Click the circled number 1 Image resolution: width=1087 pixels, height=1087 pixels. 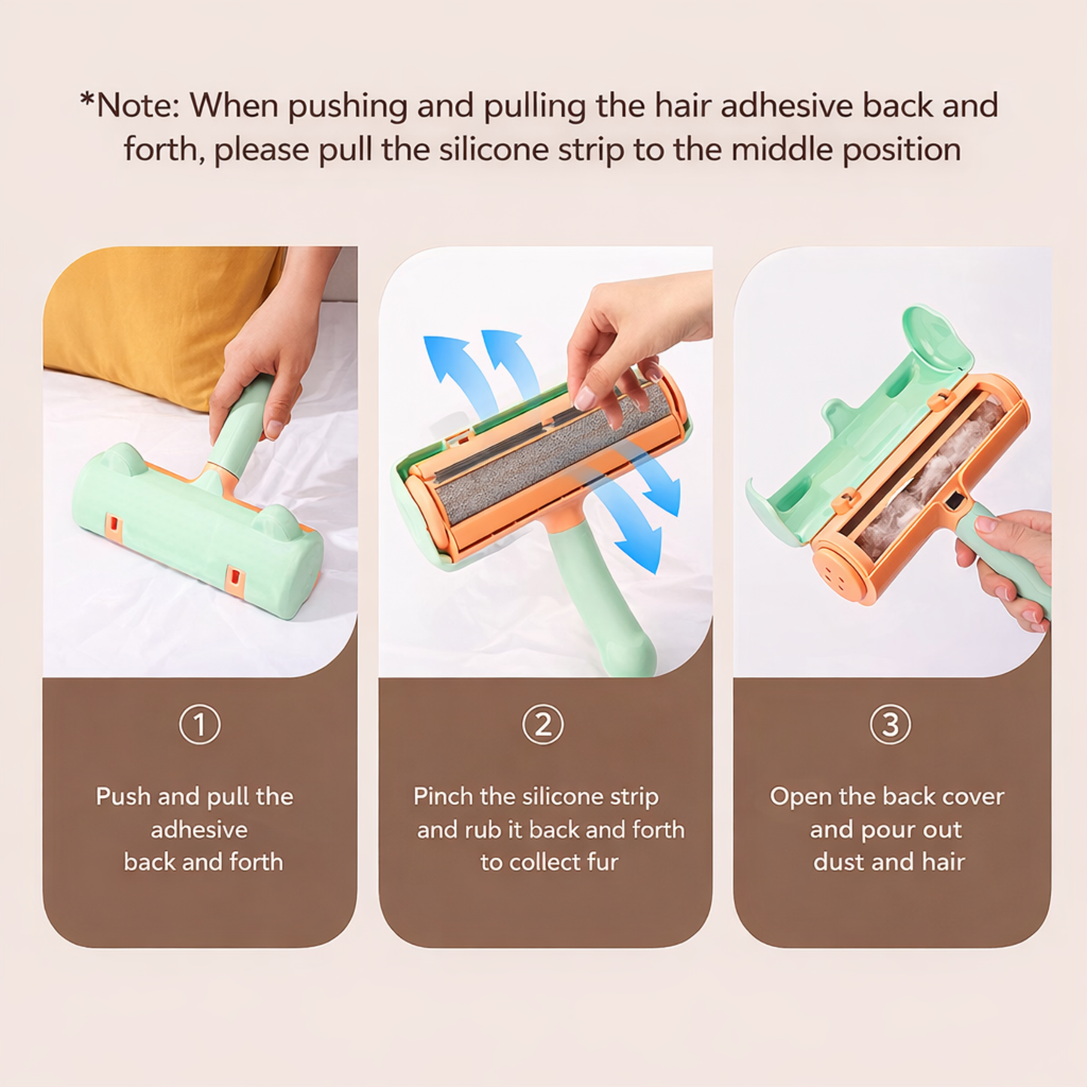point(199,724)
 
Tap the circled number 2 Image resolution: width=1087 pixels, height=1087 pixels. point(542,724)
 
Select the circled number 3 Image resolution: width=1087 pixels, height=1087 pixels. point(890,724)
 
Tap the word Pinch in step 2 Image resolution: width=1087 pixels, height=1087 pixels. point(443,796)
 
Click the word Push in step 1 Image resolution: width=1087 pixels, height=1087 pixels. point(123,796)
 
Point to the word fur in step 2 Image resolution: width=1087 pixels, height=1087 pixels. point(602,861)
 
